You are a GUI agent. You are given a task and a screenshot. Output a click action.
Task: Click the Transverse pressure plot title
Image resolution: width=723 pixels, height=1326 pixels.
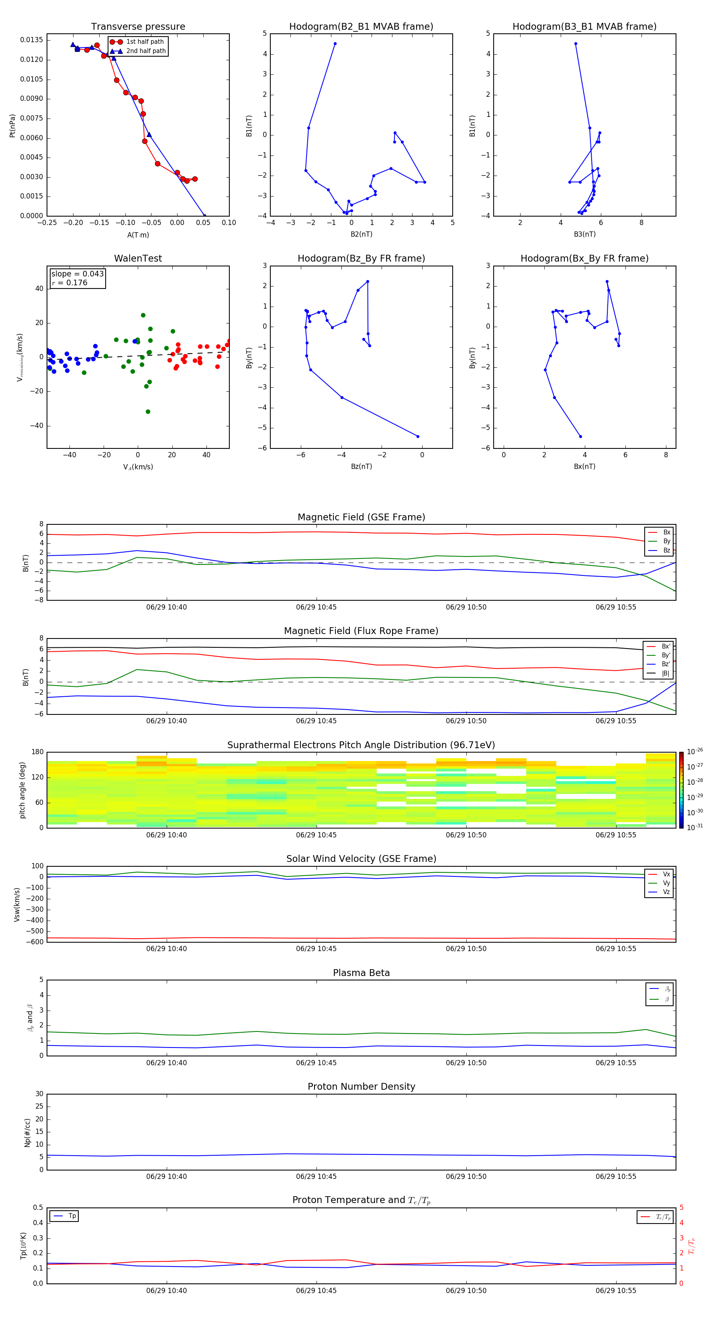[138, 27]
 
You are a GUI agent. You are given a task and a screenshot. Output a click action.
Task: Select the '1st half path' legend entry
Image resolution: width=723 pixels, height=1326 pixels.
[145, 42]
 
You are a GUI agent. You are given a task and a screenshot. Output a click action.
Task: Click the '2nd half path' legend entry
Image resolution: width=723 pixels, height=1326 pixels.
[146, 51]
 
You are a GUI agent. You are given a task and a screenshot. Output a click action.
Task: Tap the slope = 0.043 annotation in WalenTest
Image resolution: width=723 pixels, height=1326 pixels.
[77, 274]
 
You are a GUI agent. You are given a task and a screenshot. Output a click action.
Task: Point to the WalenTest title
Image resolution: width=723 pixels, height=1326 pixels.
[138, 258]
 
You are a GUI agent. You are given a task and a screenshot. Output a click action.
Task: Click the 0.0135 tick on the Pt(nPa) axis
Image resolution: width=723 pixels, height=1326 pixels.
[32, 40]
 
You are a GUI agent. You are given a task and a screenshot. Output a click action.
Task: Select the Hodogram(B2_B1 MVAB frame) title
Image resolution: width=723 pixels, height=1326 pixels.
[361, 27]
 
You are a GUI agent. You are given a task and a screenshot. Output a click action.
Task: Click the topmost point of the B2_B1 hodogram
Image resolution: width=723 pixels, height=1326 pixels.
[335, 44]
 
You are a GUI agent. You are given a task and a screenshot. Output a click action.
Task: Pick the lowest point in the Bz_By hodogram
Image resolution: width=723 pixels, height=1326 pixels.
[418, 436]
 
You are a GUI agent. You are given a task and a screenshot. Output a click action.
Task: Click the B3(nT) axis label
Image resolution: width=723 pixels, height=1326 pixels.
[584, 234]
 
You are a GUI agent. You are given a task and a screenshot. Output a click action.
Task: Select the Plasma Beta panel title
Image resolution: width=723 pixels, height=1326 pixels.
[361, 973]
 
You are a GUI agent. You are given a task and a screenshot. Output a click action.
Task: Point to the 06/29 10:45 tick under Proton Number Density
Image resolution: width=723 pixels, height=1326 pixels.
[316, 1176]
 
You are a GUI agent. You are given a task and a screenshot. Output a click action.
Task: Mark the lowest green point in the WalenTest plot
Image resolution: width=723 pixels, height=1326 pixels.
[148, 412]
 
